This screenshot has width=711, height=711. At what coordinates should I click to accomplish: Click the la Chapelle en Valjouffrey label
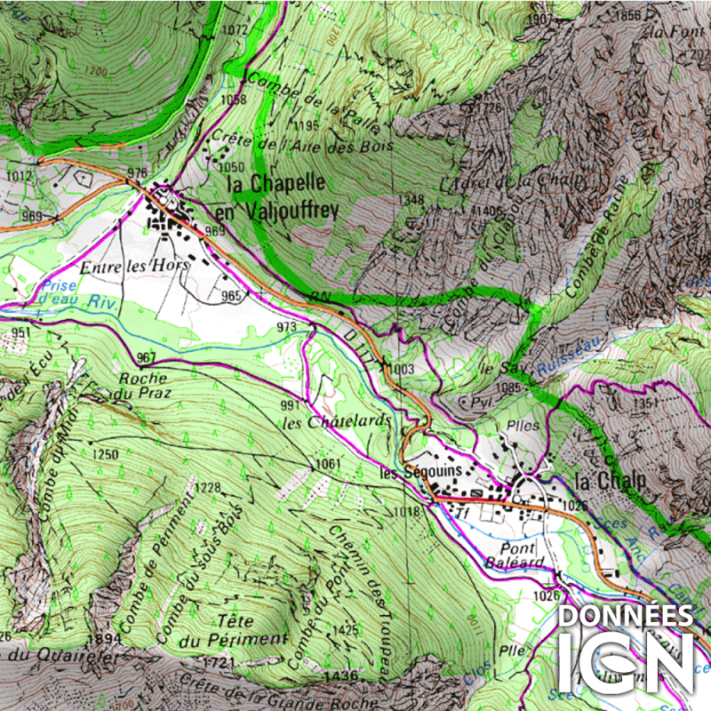(x=276, y=196)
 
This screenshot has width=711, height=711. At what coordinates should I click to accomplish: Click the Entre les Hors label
(x=124, y=267)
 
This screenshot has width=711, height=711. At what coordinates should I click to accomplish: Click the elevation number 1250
(x=105, y=454)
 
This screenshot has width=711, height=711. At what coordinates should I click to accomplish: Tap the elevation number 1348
(x=411, y=199)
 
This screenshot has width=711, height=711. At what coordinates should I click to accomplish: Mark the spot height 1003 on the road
(x=402, y=368)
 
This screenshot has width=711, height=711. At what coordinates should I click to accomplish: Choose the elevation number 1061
(x=327, y=464)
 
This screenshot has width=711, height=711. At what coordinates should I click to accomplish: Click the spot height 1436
(x=340, y=675)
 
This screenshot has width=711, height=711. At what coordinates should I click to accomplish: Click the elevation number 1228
(x=208, y=487)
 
